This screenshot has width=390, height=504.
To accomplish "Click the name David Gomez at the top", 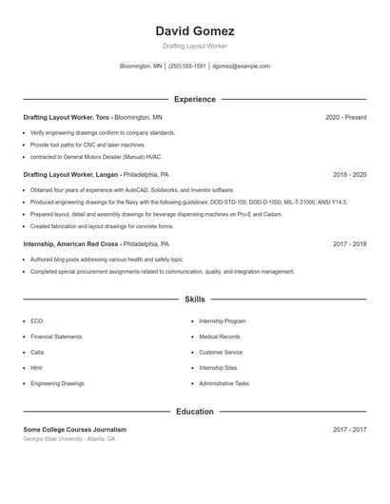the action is [x=194, y=30].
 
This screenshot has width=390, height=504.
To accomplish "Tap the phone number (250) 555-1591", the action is [x=187, y=67].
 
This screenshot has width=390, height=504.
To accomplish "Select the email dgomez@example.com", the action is [x=242, y=67].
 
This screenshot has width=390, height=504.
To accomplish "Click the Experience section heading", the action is [x=194, y=99].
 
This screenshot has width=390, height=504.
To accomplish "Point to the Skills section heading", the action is [x=194, y=299].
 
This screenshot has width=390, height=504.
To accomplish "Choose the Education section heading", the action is [x=194, y=412].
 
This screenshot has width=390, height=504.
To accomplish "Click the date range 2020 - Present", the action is [x=345, y=117].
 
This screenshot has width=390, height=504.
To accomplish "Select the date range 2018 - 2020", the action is [x=349, y=175].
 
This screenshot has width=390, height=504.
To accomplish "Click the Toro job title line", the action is [x=92, y=117].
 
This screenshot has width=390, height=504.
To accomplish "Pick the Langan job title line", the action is [x=95, y=175].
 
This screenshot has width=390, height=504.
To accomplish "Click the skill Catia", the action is [x=36, y=352].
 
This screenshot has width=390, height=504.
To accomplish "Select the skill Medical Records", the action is [x=219, y=337].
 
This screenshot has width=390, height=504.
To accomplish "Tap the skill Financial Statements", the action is [x=55, y=337].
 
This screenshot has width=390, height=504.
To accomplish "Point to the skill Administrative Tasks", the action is [x=224, y=383].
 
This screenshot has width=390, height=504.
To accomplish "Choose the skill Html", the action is [x=36, y=367].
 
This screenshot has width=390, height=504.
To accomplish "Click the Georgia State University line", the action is [x=68, y=439].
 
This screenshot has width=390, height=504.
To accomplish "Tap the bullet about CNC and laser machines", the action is [x=80, y=144].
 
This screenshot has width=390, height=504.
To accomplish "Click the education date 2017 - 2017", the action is [x=349, y=430].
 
